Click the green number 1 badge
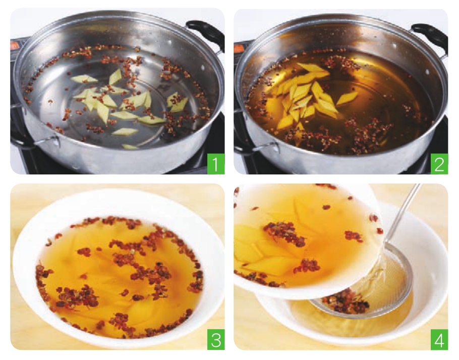click(x=216, y=164)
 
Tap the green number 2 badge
click(x=439, y=164)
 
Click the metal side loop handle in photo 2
click(x=263, y=146)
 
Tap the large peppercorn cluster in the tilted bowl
click(x=284, y=233)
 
